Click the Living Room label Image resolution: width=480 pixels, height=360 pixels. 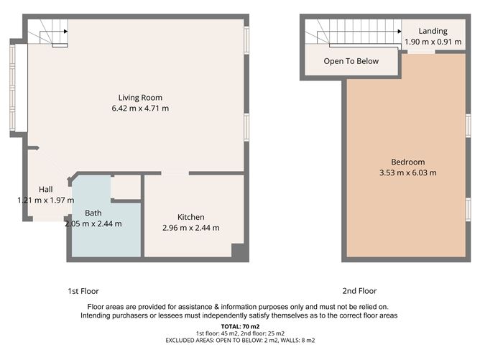[140, 98]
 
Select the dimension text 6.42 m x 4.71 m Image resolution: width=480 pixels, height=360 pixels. [140, 109]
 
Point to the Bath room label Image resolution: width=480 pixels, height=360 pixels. [93, 213]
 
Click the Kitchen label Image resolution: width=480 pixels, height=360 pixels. [191, 217]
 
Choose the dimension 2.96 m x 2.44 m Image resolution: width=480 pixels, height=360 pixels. [191, 228]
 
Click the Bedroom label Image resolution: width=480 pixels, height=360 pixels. [407, 162]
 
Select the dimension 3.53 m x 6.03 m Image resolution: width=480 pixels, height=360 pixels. [407, 172]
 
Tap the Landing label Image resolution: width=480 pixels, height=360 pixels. [433, 31]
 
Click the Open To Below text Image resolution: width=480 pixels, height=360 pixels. [351, 61]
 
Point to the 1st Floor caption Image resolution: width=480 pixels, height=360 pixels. [83, 291]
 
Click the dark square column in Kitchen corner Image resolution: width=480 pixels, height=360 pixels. [237, 250]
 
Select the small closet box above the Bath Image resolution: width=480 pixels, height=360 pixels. [126, 188]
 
